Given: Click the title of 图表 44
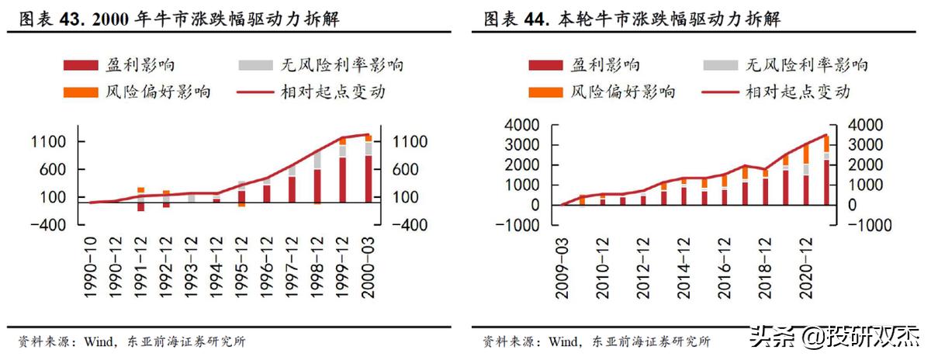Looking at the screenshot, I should tap(632, 18).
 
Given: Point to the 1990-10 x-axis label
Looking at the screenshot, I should tap(92, 267).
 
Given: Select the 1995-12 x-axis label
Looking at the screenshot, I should tap(242, 267).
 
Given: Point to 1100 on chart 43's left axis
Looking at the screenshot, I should tap(48, 142).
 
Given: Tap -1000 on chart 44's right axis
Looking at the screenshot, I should tap(874, 225).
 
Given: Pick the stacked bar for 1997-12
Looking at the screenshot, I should tap(292, 183).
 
